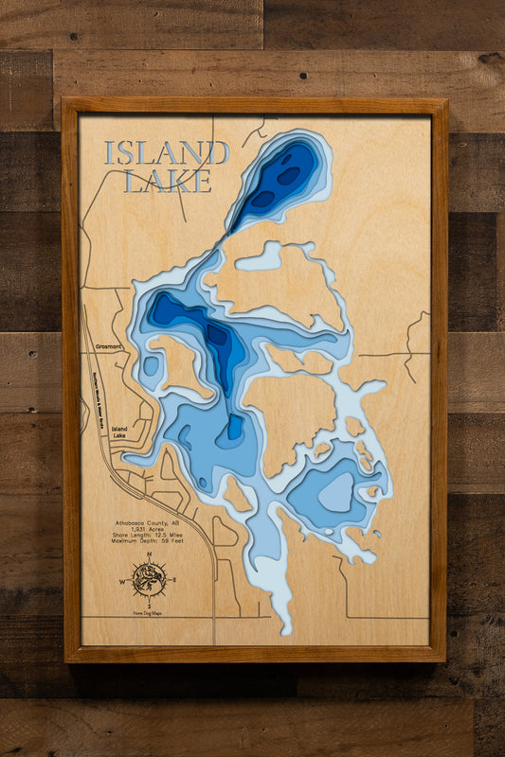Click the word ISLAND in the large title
tap(167, 152)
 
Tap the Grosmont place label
tap(109, 347)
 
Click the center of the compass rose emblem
tap(149, 579)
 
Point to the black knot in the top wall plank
tap(302, 75)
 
